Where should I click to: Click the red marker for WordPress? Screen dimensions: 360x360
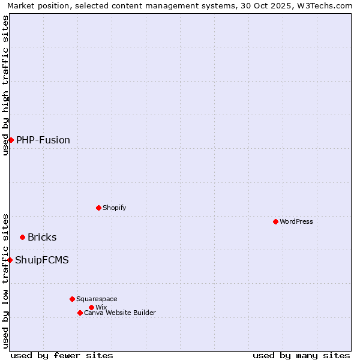(x=275, y=221)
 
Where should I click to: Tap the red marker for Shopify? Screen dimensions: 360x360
(x=98, y=208)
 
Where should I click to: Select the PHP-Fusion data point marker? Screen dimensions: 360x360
(x=11, y=140)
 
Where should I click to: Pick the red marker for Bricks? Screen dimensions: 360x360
(x=22, y=237)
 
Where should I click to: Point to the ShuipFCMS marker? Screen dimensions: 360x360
(x=10, y=260)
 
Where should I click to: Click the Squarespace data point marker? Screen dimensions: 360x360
(x=72, y=299)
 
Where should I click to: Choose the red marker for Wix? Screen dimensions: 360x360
(x=91, y=307)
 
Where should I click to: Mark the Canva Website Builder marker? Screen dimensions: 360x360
(x=80, y=313)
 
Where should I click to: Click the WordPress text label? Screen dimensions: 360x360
(x=296, y=221)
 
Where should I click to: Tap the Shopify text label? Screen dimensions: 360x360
(x=114, y=208)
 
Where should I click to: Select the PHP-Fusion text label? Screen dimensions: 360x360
(x=43, y=140)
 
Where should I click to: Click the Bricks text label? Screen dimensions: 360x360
(x=42, y=237)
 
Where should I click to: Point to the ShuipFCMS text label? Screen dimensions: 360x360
(x=42, y=260)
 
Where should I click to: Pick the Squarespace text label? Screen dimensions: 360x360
(x=97, y=299)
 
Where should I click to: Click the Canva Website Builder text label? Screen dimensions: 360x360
(x=120, y=313)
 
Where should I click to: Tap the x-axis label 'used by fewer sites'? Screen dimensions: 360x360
(x=62, y=355)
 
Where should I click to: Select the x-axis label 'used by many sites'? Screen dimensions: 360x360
(x=301, y=355)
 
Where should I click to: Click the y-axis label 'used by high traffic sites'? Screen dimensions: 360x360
(x=5, y=85)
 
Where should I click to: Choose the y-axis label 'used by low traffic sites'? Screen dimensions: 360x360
(x=5, y=280)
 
